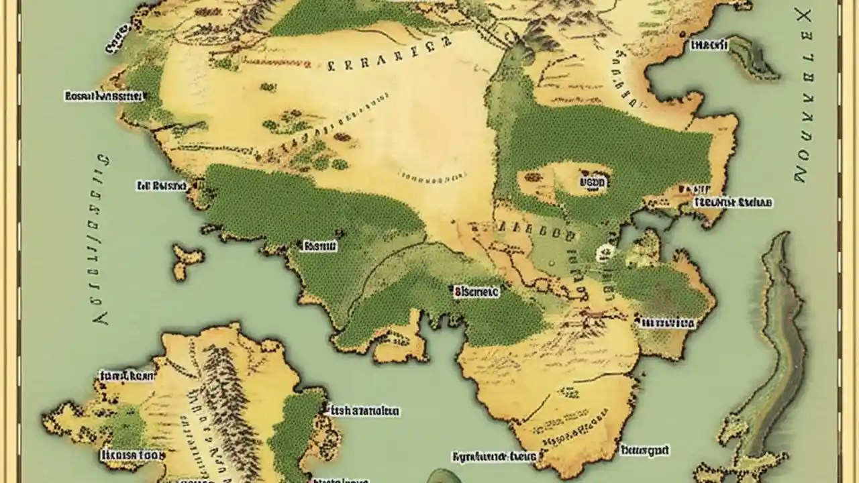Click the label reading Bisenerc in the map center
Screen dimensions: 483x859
(476, 292)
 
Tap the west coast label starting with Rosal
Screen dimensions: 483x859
(104, 97)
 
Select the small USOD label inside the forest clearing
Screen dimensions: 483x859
(593, 182)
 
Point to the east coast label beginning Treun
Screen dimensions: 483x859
(732, 202)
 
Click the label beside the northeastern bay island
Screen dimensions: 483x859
(708, 46)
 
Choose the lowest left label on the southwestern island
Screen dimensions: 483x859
(132, 455)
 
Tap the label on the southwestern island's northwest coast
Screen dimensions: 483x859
(127, 376)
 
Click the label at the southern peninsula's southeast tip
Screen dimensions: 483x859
(644, 449)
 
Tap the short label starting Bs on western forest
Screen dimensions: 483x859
(319, 246)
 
